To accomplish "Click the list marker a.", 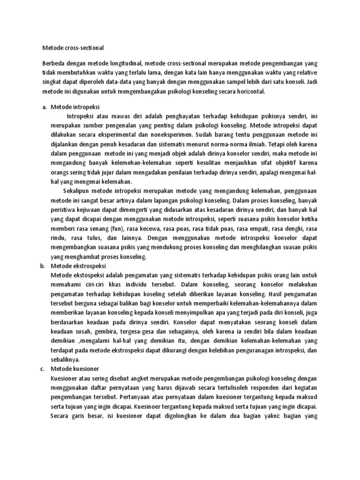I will [44, 107].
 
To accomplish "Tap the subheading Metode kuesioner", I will [77, 369].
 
